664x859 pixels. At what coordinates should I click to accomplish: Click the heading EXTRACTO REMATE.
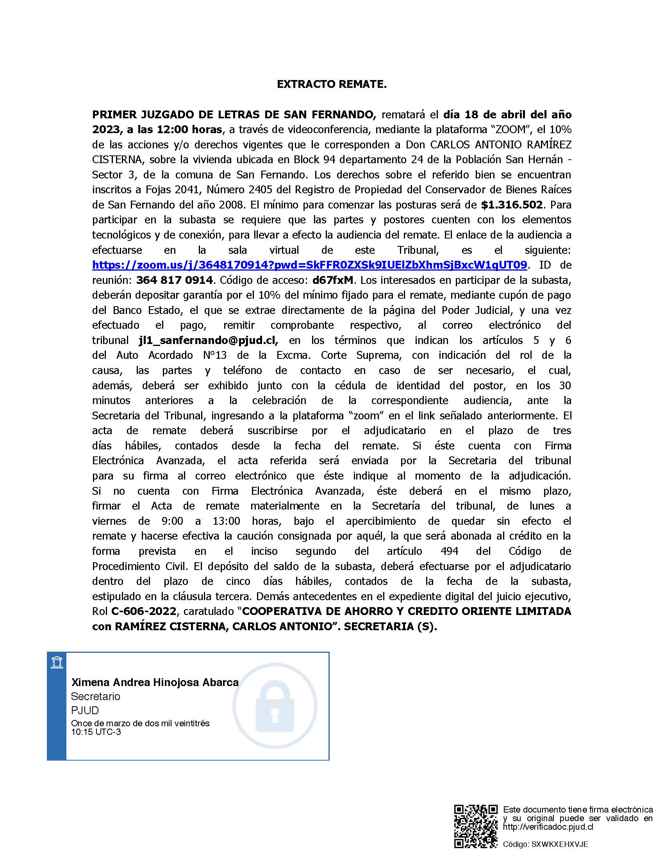click(x=332, y=85)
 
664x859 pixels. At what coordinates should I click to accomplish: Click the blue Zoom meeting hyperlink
click(x=309, y=265)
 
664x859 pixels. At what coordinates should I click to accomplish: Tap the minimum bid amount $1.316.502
click(x=512, y=205)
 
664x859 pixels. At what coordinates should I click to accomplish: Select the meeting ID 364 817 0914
click(x=175, y=280)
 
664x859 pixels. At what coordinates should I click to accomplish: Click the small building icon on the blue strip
click(x=57, y=662)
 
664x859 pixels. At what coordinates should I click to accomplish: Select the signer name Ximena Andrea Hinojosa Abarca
click(x=155, y=683)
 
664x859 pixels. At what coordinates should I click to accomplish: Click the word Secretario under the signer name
click(x=96, y=697)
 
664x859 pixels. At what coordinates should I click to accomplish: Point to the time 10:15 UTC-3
click(x=96, y=732)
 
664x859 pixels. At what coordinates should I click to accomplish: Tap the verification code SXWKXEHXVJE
click(x=560, y=845)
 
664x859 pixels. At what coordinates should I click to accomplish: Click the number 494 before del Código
click(x=449, y=551)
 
